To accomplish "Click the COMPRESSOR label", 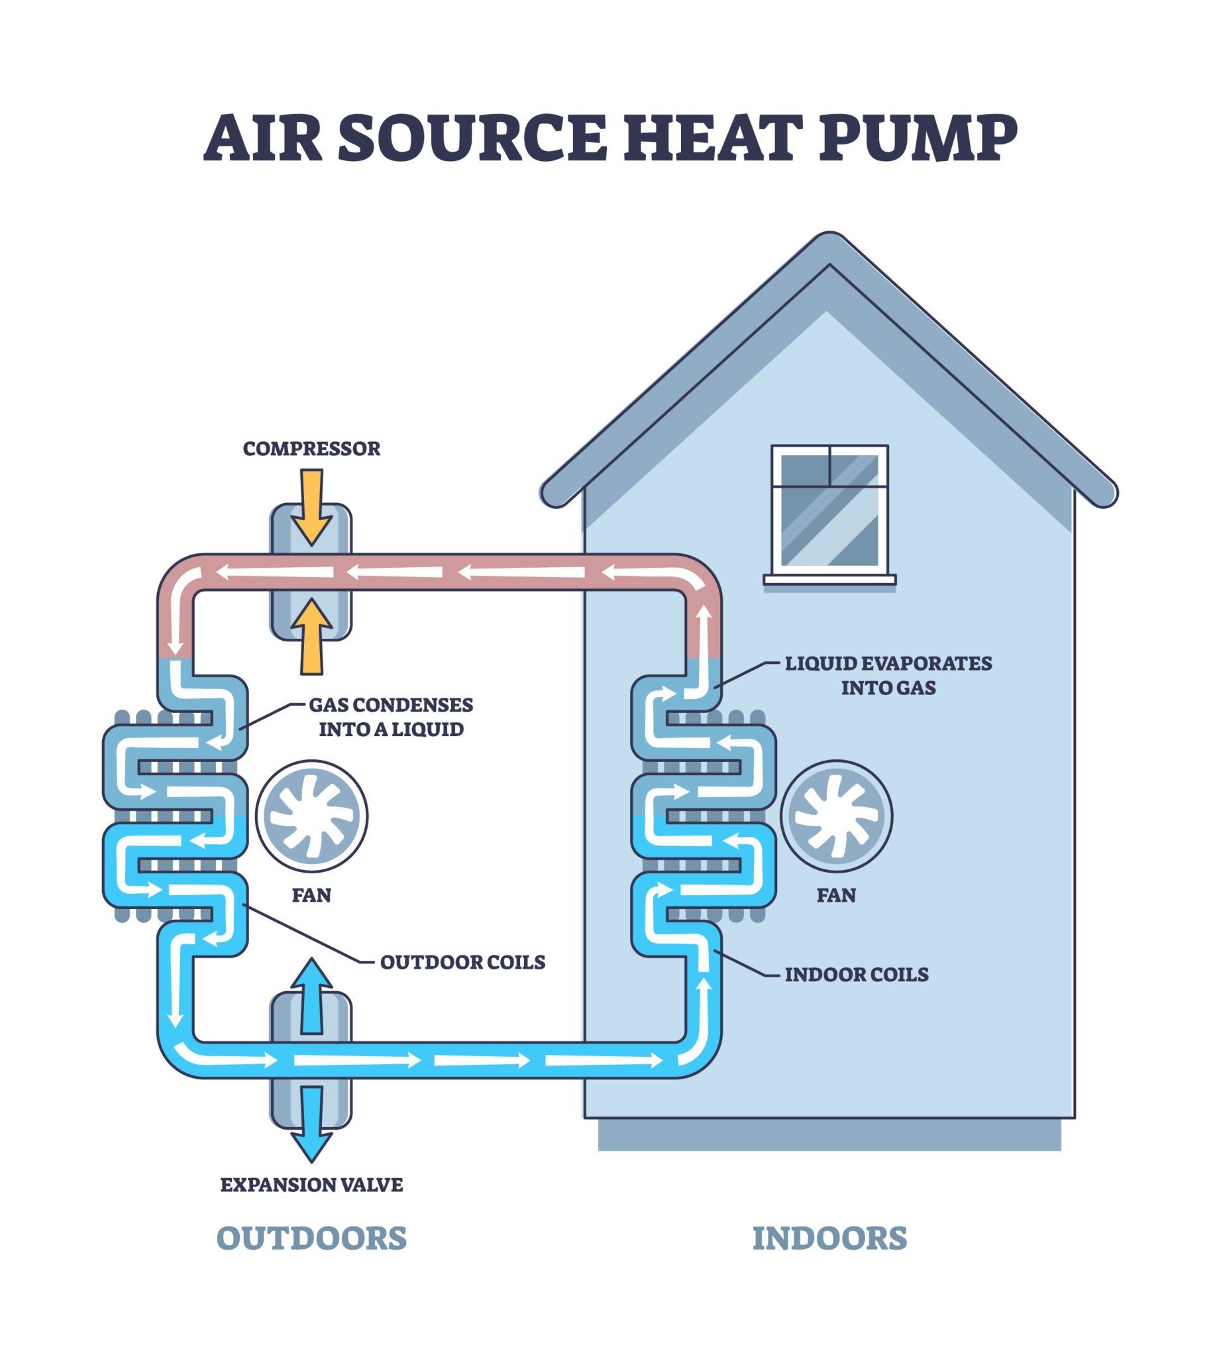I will (x=311, y=449).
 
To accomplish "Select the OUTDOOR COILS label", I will (x=462, y=961).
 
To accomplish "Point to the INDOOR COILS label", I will (x=856, y=974).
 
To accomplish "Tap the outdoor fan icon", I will (x=312, y=816).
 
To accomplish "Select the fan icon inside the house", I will (x=837, y=816).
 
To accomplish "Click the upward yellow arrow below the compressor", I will (x=311, y=636).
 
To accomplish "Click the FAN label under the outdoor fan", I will (x=311, y=895).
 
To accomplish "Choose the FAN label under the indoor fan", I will (x=836, y=895).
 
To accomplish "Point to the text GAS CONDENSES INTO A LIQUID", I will (x=391, y=717).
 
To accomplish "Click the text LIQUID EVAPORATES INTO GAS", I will (x=888, y=675).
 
